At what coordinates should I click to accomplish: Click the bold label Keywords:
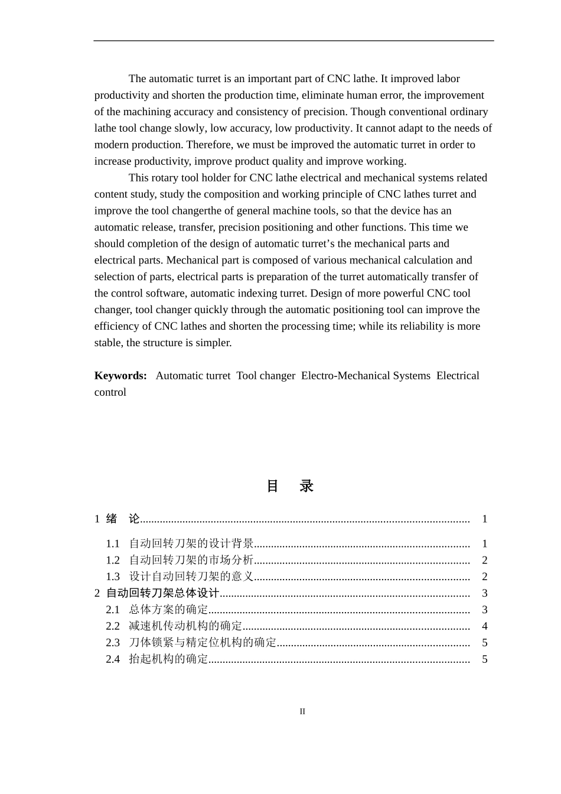[x=120, y=376]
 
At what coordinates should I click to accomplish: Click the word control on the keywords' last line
[x=110, y=392]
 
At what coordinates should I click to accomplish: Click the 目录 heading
[x=290, y=486]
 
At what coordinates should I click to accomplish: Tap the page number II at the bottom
[x=302, y=711]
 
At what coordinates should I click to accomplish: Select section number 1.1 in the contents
[x=113, y=544]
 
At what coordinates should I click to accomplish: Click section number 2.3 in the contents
[x=113, y=643]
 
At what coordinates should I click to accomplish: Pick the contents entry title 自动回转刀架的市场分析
[x=191, y=560]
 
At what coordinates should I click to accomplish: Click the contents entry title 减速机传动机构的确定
[x=185, y=626]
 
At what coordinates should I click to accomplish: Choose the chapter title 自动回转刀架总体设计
[x=162, y=593]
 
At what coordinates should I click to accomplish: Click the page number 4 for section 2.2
[x=484, y=626]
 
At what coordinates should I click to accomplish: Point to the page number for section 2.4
[x=484, y=659]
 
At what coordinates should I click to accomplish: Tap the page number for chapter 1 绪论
[x=484, y=519]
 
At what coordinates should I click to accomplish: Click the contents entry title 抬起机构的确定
[x=168, y=659]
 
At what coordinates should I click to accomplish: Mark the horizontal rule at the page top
[x=293, y=41]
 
